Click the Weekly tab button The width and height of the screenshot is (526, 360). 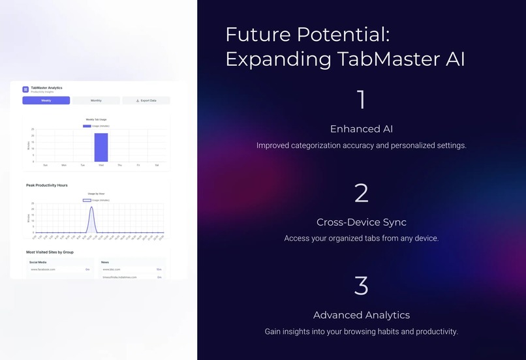(x=46, y=100)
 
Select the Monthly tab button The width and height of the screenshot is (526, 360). (x=96, y=100)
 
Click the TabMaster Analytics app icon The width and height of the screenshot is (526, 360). (x=25, y=89)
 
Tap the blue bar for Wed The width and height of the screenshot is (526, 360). (x=101, y=147)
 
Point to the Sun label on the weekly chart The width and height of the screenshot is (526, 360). (x=45, y=165)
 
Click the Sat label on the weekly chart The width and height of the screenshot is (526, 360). (x=157, y=165)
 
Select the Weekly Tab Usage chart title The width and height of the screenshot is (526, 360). (x=97, y=119)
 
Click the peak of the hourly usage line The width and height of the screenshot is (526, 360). (x=91, y=207)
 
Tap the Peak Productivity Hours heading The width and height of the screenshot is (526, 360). (x=47, y=185)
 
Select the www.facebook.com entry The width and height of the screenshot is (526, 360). (x=43, y=269)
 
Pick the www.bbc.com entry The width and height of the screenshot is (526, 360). (x=111, y=269)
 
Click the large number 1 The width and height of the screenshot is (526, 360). (x=361, y=100)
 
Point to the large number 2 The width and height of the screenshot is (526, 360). (x=361, y=193)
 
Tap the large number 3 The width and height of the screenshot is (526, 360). (x=361, y=286)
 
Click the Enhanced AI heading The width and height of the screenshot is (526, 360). (x=361, y=128)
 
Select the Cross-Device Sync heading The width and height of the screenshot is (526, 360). (x=361, y=222)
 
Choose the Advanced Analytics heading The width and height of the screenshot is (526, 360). (x=361, y=315)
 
